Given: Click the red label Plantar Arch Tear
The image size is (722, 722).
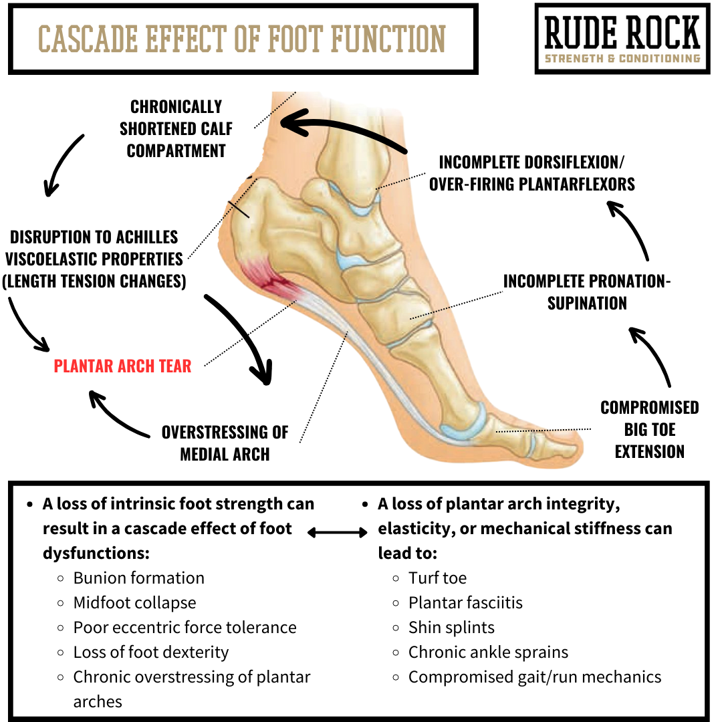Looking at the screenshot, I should click(x=122, y=366).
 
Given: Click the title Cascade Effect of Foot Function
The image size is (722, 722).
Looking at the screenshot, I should click(x=242, y=39).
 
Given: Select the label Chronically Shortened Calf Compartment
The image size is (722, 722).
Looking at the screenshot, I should click(x=176, y=129).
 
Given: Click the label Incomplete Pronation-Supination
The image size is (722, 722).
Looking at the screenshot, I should click(x=587, y=292).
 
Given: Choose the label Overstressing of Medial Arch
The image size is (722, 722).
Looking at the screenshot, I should click(x=225, y=443).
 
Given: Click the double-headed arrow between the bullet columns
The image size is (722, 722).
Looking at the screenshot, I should click(x=338, y=532).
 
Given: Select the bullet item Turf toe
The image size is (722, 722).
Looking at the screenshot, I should click(x=437, y=578).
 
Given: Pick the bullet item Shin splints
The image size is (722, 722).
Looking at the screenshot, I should click(x=451, y=627).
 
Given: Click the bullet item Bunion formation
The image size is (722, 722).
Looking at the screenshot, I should click(x=138, y=578).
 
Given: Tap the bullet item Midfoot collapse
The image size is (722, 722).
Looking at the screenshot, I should click(x=134, y=602).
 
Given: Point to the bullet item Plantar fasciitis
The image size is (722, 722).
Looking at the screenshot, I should click(x=465, y=602).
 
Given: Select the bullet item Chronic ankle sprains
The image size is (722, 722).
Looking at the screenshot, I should click(x=488, y=652).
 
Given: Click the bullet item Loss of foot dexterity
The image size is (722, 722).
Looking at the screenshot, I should click(x=150, y=652).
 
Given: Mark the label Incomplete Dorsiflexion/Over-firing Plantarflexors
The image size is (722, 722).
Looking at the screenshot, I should click(x=531, y=173).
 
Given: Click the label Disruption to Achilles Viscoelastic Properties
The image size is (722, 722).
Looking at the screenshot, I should click(x=94, y=259).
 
